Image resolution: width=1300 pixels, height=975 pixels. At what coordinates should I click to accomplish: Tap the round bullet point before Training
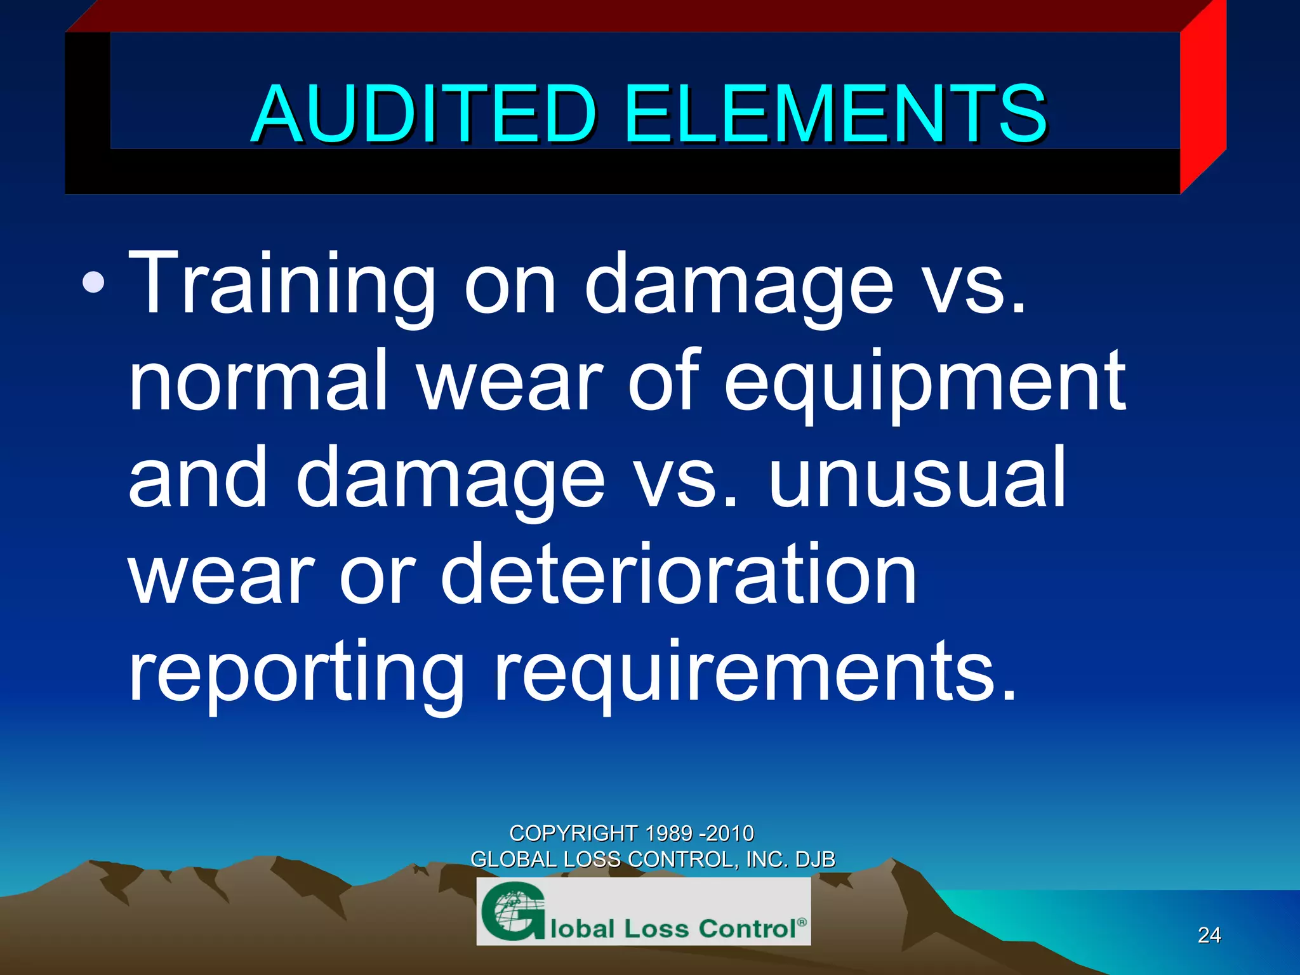click(93, 282)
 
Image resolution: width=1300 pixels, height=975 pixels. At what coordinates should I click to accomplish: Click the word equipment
click(925, 383)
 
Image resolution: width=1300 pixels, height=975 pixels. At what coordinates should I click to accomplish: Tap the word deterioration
click(679, 574)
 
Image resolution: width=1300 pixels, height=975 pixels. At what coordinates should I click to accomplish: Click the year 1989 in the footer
click(668, 833)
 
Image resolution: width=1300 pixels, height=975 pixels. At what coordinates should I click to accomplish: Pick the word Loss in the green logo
click(656, 929)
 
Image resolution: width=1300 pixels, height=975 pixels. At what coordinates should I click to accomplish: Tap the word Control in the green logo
click(747, 928)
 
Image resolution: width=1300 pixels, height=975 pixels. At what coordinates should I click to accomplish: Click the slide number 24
click(1209, 935)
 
